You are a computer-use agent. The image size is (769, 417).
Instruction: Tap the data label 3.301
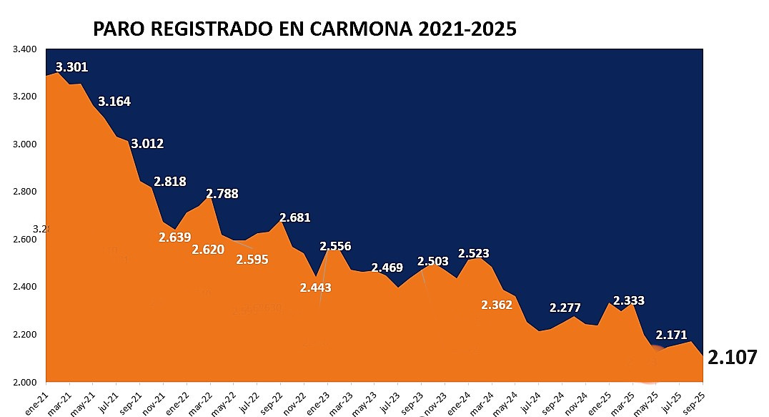(71, 67)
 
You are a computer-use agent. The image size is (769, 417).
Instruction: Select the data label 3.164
(114, 102)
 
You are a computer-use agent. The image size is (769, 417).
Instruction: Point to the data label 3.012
(147, 144)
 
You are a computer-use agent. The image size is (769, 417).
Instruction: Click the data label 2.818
(170, 182)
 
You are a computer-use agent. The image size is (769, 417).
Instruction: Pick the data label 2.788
(222, 194)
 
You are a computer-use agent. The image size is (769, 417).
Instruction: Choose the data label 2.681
(295, 217)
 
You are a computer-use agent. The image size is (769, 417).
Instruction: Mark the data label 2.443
(315, 288)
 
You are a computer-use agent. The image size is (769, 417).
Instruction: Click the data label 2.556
(335, 247)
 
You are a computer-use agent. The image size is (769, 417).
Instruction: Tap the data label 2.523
(474, 254)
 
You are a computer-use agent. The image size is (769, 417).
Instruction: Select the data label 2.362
(497, 305)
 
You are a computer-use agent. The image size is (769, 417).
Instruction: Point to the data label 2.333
(629, 301)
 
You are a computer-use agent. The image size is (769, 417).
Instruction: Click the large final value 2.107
(732, 358)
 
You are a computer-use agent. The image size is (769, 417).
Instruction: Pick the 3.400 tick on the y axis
(25, 49)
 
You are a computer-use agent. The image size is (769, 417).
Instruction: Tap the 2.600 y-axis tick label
(25, 240)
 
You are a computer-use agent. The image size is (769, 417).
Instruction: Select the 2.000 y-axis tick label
(25, 382)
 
